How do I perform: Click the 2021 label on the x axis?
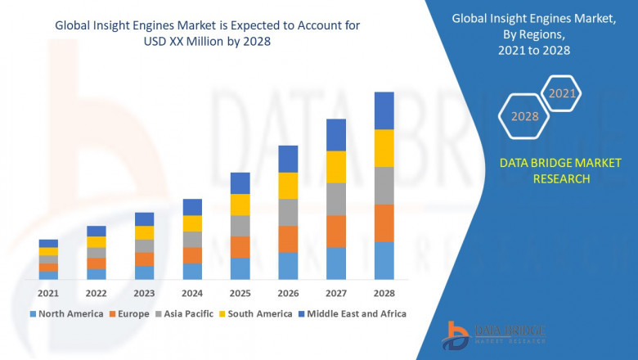pyautogui.click(x=48, y=294)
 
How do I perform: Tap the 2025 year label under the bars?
pyautogui.click(x=240, y=294)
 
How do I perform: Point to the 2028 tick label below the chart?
pyautogui.click(x=384, y=294)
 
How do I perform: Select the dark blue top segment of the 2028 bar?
pyautogui.click(x=384, y=110)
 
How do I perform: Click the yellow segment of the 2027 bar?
pyautogui.click(x=335, y=167)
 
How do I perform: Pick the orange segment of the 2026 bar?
pyautogui.click(x=288, y=239)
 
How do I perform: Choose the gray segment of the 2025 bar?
pyautogui.click(x=240, y=226)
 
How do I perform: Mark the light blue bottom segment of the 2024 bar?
pyautogui.click(x=192, y=272)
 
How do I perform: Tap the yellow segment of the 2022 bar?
pyautogui.click(x=97, y=242)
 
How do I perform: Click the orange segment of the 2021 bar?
pyautogui.click(x=48, y=268)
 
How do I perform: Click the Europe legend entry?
pyautogui.click(x=133, y=313)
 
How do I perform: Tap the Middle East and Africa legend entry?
pyautogui.click(x=355, y=313)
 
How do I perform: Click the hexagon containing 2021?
pyautogui.click(x=562, y=94)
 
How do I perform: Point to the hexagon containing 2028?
pyautogui.click(x=524, y=116)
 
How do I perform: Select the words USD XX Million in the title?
pyautogui.click(x=172, y=41)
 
